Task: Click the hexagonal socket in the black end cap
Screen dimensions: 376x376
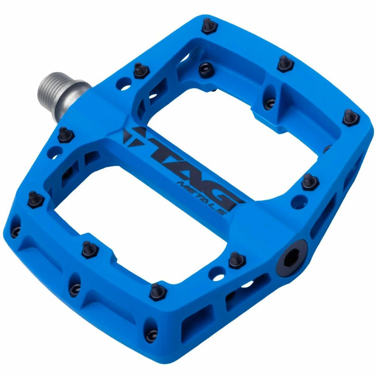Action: coord(291,258)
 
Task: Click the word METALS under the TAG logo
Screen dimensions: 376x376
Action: coord(201,198)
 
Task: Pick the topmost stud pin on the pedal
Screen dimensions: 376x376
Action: coord(209,26)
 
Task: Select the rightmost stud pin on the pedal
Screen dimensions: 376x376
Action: coord(351,117)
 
